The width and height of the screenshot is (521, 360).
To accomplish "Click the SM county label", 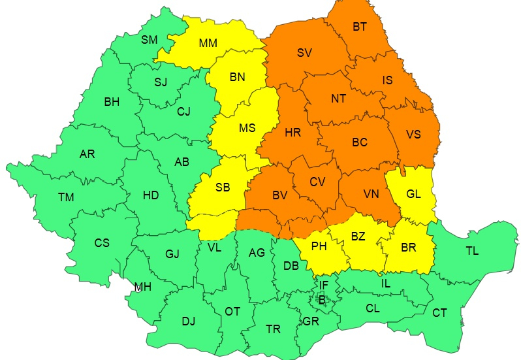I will [150, 40].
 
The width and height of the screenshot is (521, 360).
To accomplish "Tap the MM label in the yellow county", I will [208, 44].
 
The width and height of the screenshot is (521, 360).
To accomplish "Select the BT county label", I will [360, 27].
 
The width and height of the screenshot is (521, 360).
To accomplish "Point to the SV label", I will [304, 53].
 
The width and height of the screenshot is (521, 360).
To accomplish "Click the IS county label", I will [387, 80].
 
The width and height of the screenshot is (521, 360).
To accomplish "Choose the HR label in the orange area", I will [293, 133].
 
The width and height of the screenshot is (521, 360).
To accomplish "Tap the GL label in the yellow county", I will [413, 194].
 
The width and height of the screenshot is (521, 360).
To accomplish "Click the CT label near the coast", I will [439, 313].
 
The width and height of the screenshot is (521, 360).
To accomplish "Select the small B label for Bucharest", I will [321, 299].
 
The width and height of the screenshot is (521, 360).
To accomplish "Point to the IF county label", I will [324, 284].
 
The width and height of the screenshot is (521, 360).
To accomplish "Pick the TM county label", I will [66, 197].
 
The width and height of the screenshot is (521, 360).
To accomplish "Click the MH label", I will [143, 287].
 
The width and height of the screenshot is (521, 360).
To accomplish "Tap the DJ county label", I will [188, 321].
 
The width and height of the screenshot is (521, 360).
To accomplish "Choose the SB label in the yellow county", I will [223, 188].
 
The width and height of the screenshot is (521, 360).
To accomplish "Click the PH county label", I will [319, 247].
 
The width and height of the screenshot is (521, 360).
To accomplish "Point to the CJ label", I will [183, 111].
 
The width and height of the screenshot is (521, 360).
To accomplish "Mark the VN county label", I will [371, 193].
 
